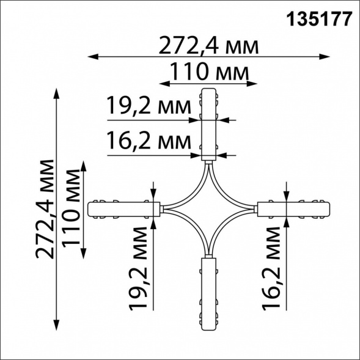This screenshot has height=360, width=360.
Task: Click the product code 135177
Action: pyautogui.click(x=319, y=20)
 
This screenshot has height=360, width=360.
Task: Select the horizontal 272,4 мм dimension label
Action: pyautogui.click(x=208, y=46)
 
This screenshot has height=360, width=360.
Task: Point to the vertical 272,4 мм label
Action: pyautogui.click(x=45, y=208)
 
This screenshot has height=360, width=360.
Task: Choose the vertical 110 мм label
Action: pyautogui.click(x=71, y=208)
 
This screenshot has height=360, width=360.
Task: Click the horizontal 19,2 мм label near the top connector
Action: pyautogui.click(x=149, y=105)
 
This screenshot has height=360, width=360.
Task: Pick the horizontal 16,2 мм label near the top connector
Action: pyautogui.click(x=149, y=141)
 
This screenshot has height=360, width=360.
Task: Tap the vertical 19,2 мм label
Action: pyautogui.click(x=138, y=268)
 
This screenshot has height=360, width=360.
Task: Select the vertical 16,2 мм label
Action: pyautogui.click(x=271, y=268)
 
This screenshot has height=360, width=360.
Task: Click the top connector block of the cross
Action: pyautogui.click(x=208, y=125)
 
